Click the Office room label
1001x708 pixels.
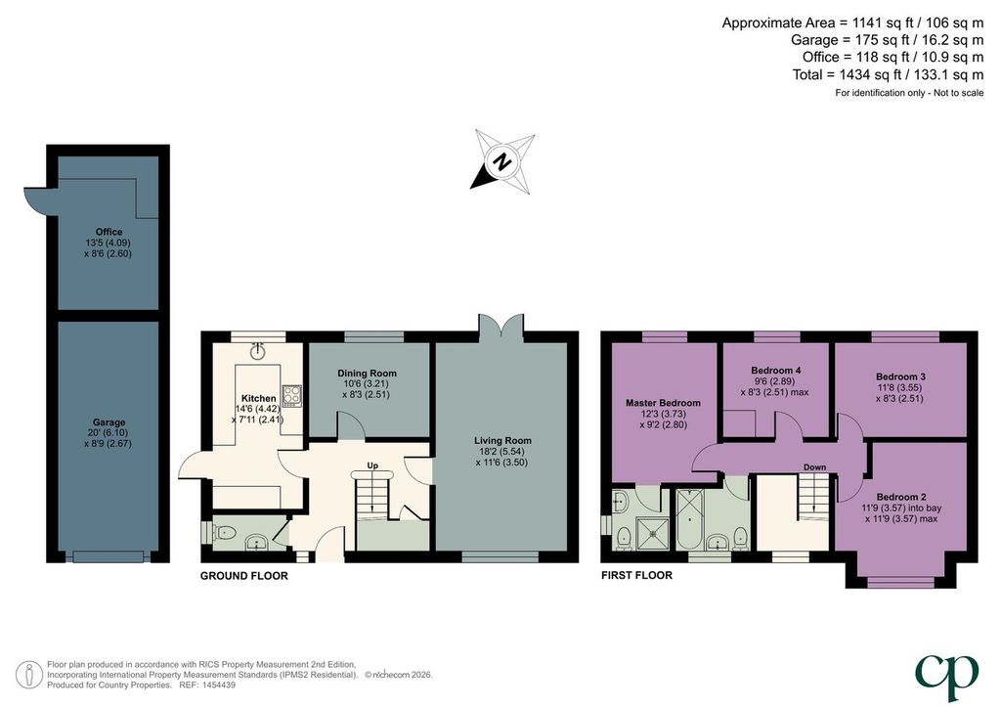pyautogui.click(x=109, y=232)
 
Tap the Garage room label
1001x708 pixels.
pyautogui.click(x=109, y=422)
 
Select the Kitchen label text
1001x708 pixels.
pyautogui.click(x=258, y=398)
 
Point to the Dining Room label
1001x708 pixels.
pyautogui.click(x=368, y=373)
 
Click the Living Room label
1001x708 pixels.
pyautogui.click(x=502, y=440)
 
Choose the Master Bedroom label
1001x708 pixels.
pyautogui.click(x=663, y=403)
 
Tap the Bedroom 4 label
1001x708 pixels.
pyautogui.click(x=775, y=371)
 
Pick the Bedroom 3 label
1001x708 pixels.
pyautogui.click(x=900, y=376)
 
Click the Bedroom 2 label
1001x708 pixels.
pyautogui.click(x=900, y=497)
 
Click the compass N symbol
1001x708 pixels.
pyautogui.click(x=503, y=161)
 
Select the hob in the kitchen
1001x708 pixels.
pyautogui.click(x=292, y=395)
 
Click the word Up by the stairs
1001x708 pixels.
pyautogui.click(x=372, y=465)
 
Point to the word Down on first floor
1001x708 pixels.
pyautogui.click(x=814, y=466)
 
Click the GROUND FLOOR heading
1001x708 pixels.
pyautogui.click(x=243, y=576)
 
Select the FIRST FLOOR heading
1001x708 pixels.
pyautogui.click(x=636, y=575)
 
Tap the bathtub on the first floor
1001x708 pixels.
pyautogui.click(x=688, y=519)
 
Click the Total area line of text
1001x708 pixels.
pyautogui.click(x=888, y=74)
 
